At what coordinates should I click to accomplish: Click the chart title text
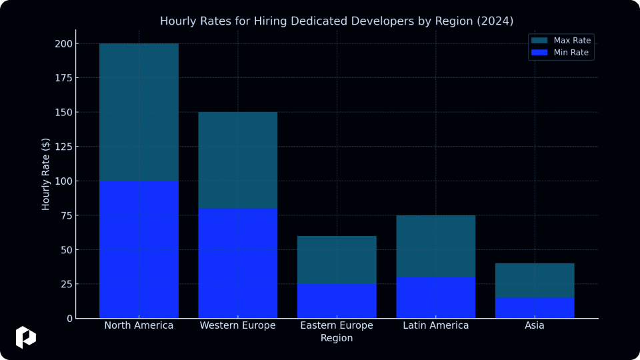click(x=336, y=21)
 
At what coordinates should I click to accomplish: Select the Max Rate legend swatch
click(x=539, y=41)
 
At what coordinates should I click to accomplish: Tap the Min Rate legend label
click(x=571, y=52)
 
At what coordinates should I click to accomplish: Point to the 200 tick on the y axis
click(x=64, y=44)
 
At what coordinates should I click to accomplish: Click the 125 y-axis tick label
click(x=64, y=147)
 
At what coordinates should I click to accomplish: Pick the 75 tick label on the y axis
click(x=67, y=215)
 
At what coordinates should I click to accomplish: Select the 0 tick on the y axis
click(x=70, y=319)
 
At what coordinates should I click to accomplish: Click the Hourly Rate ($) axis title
click(x=45, y=174)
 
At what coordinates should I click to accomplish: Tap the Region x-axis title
click(x=336, y=338)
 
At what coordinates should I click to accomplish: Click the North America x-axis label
click(x=139, y=325)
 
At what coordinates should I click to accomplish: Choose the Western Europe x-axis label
click(x=237, y=325)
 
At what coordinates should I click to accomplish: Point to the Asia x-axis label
click(x=534, y=325)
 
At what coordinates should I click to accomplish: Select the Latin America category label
click(x=435, y=325)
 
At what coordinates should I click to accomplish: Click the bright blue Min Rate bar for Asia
click(x=535, y=308)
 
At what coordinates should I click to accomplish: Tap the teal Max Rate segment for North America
click(x=139, y=112)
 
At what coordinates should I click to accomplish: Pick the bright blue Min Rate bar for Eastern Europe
click(x=337, y=301)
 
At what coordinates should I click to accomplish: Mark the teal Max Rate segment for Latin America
click(x=435, y=246)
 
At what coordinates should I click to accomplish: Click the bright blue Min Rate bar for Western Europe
click(x=237, y=263)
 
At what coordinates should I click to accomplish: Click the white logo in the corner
click(x=26, y=337)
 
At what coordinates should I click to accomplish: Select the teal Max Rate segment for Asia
click(x=535, y=281)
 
